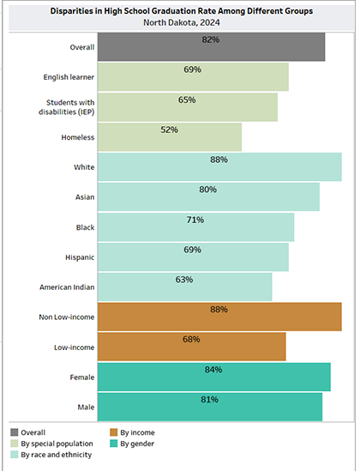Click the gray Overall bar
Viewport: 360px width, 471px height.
(211, 47)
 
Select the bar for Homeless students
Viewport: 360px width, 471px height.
(170, 137)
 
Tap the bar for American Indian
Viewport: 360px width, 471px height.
(185, 287)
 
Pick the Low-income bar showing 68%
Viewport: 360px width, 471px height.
(192, 347)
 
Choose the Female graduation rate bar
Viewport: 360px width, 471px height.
(214, 377)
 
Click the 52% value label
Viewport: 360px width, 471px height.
(169, 130)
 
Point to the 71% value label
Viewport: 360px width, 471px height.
(195, 220)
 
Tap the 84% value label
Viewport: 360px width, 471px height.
(213, 370)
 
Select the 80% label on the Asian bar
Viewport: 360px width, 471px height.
(208, 190)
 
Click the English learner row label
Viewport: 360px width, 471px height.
(69, 77)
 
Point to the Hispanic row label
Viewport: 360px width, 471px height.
(80, 257)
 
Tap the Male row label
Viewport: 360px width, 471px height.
(86, 407)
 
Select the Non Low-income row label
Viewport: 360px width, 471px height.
(67, 317)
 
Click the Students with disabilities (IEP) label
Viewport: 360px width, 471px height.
(67, 107)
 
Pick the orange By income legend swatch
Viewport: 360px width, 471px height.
(114, 432)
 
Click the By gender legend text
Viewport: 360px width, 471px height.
(137, 444)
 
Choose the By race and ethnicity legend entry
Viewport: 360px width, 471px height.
(51, 455)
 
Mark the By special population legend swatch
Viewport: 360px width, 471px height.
(15, 444)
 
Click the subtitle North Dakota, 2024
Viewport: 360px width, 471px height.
(182, 22)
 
